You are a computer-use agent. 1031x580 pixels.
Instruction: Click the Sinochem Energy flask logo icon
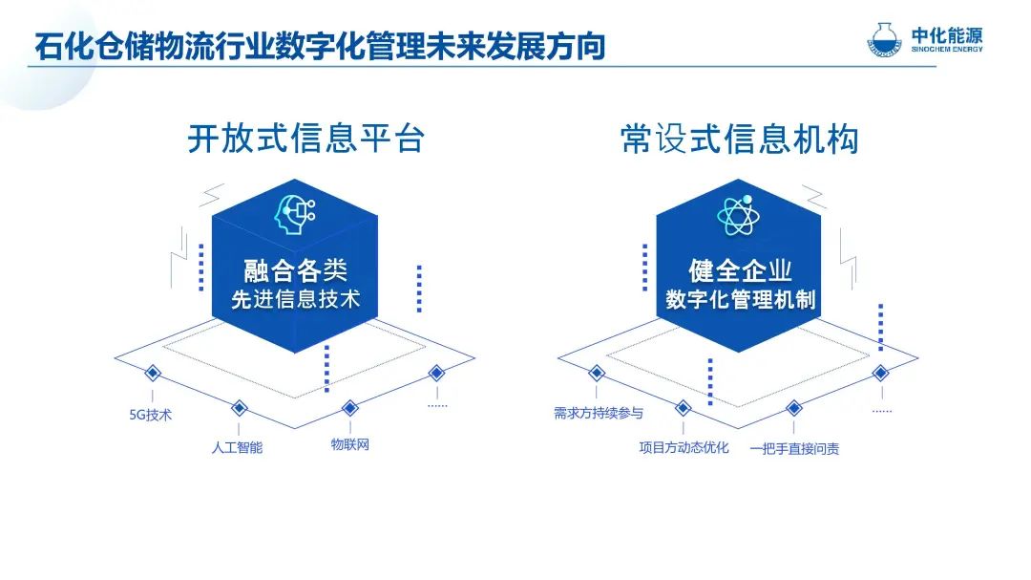(884, 39)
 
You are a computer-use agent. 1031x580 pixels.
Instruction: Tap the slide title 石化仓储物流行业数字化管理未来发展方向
(320, 46)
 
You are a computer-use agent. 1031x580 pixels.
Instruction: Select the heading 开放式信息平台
(306, 139)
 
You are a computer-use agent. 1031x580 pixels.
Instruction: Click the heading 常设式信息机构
(740, 139)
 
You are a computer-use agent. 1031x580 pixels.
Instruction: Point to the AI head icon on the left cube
(295, 214)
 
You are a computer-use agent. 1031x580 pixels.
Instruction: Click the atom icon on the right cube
(738, 215)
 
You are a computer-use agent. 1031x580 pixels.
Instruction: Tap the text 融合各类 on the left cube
(295, 269)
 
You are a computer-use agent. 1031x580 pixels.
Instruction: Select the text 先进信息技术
(295, 299)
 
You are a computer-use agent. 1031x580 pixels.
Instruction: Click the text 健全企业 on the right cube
(740, 269)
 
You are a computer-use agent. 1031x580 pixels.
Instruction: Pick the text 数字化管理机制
(741, 299)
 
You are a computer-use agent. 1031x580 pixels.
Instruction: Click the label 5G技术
(151, 415)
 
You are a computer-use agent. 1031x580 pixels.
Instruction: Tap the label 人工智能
(237, 448)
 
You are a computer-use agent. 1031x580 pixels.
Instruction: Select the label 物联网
(349, 444)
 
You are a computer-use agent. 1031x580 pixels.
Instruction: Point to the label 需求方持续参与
(599, 413)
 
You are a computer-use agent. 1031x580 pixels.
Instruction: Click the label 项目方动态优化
(684, 448)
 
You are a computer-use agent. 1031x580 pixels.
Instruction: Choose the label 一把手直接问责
(794, 449)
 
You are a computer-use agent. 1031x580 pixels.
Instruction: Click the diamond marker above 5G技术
(153, 374)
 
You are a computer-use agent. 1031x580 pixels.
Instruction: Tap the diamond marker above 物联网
(349, 408)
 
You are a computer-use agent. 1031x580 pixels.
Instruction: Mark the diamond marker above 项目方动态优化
(684, 408)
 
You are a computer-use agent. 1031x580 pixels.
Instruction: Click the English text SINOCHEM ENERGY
(947, 50)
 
